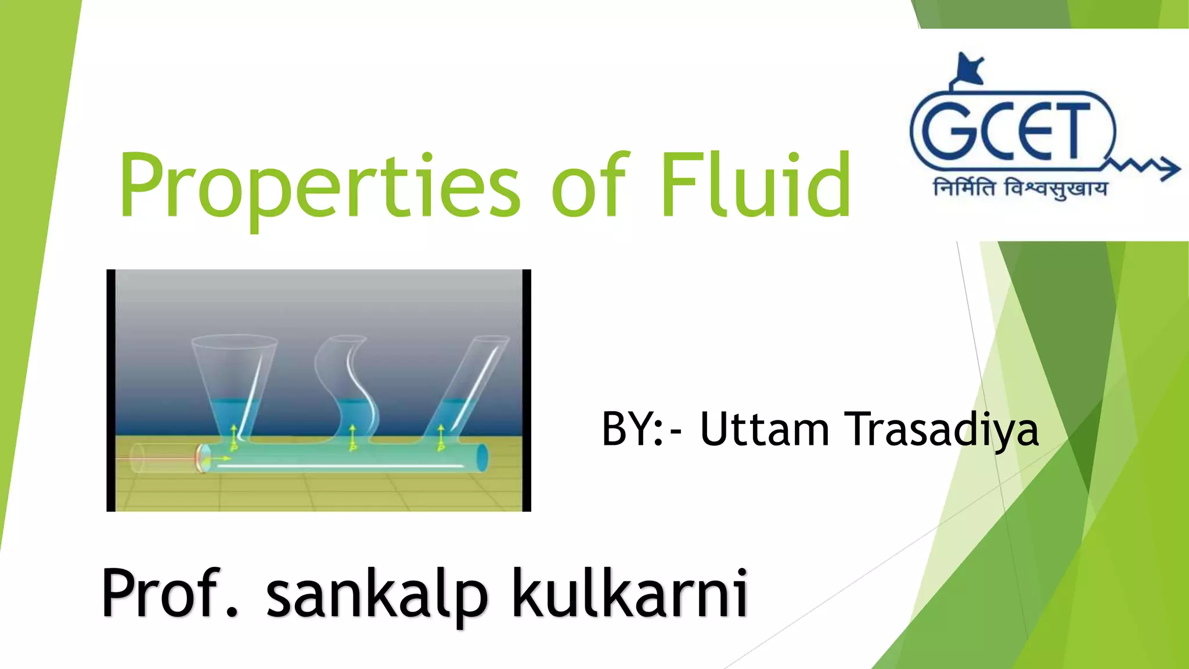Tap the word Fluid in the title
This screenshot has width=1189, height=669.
[x=755, y=185]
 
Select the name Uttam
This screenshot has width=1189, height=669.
[x=765, y=430]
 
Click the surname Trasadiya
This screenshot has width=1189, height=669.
[x=942, y=430]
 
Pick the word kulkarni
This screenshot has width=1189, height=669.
[x=630, y=594]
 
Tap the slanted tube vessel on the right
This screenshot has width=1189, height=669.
[x=467, y=386]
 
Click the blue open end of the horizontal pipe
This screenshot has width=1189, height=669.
[x=482, y=458]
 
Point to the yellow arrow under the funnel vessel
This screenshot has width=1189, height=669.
[x=234, y=434]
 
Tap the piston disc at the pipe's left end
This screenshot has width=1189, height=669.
[x=203, y=458]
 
